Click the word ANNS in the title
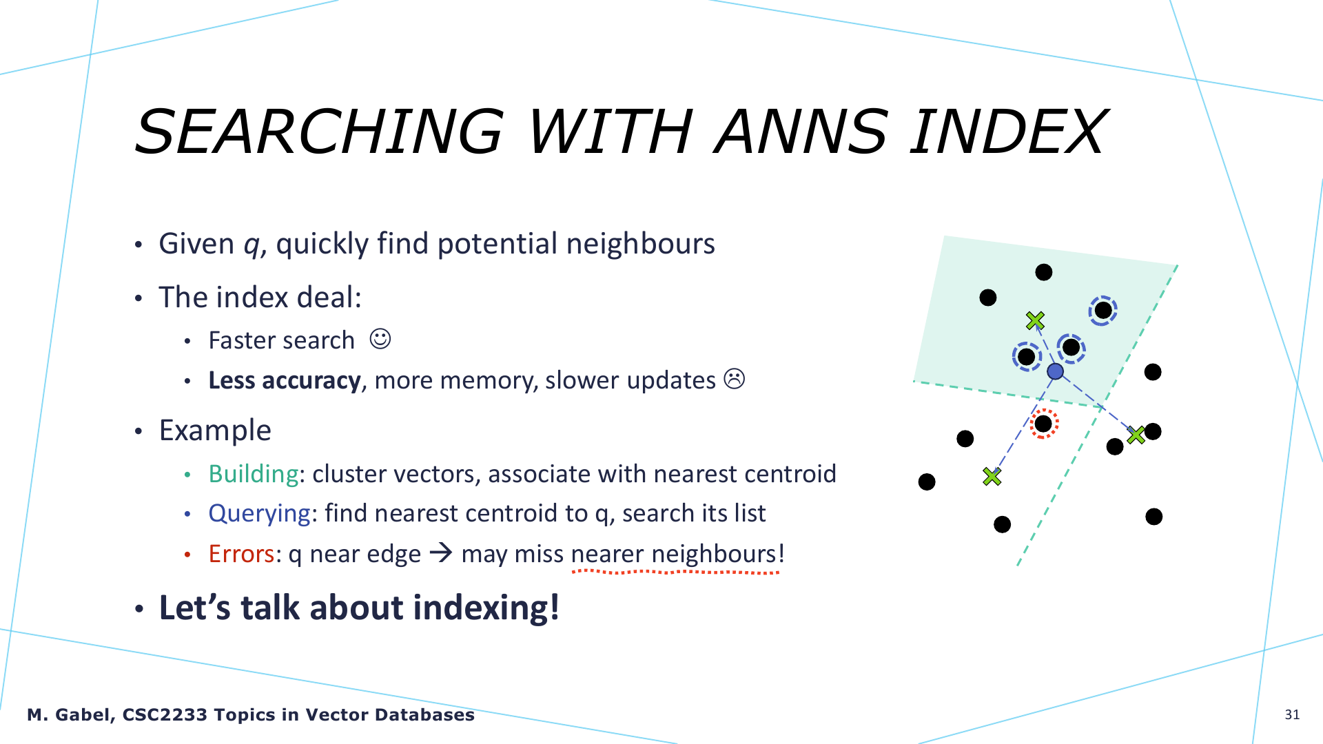pos(801,132)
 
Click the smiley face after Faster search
pos(380,339)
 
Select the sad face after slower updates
pos(735,379)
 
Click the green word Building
pos(254,474)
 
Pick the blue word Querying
pos(260,514)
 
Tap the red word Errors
pos(241,554)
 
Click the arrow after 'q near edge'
pos(441,552)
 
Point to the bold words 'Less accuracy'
pos(285,380)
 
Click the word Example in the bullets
pos(215,431)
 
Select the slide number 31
pos(1292,714)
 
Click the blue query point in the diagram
pos(1055,372)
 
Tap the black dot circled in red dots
pos(1043,423)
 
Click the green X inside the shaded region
pos(1035,320)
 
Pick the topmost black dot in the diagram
pos(1044,272)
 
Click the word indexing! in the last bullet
pos(486,608)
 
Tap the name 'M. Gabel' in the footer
pos(69,715)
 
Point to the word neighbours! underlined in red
pos(718,554)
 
